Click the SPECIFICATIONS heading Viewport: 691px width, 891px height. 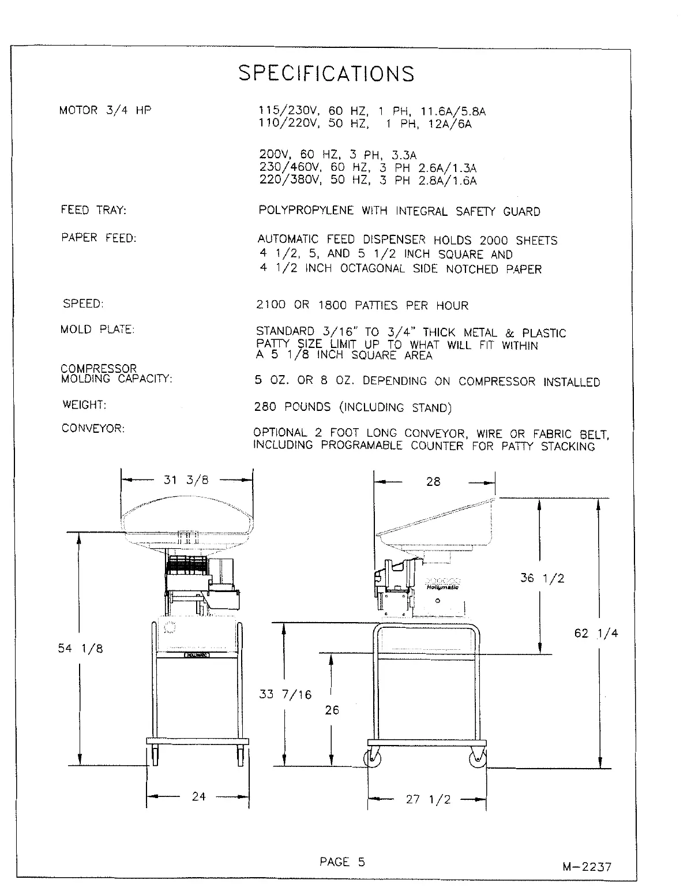click(326, 73)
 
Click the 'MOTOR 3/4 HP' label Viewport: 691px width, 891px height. click(105, 110)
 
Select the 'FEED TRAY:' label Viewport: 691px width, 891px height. click(93, 210)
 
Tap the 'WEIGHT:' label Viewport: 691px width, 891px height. click(84, 405)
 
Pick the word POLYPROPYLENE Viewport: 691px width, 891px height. click(306, 211)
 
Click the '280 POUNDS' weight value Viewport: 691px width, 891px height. click(292, 407)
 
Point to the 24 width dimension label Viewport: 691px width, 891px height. click(198, 796)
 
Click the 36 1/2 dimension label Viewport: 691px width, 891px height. click(542, 578)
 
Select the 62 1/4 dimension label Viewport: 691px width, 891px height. click(596, 633)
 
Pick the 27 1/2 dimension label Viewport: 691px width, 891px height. click(428, 799)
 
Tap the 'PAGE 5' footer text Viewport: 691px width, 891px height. click(342, 862)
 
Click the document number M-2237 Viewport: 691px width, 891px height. click(587, 866)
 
